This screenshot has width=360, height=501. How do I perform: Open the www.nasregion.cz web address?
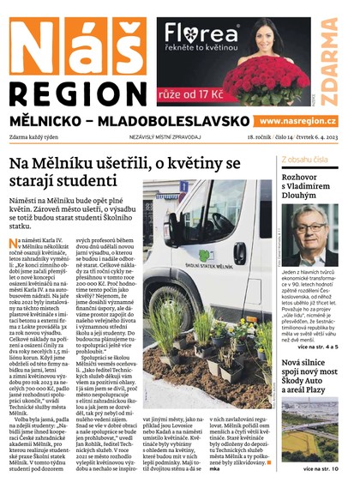pyautogui.click(x=297, y=123)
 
